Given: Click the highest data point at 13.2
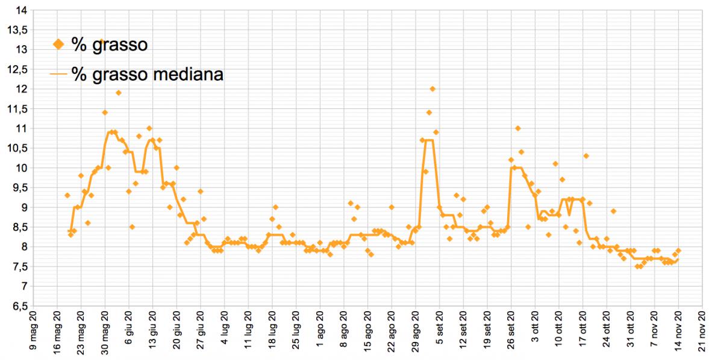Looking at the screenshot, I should coord(102,42).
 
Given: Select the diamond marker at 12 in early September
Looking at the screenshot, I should coord(433,89).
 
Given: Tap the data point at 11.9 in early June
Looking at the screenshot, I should coord(119,93).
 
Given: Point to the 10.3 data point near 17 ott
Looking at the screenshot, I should coord(586,156).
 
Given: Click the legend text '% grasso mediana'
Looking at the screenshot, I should coord(148,74).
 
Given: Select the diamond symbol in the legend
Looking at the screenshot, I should coord(58,44).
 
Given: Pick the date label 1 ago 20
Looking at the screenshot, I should coord(320,334).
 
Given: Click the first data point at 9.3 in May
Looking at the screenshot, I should coord(67,195).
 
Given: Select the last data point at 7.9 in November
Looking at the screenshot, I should coord(678,250).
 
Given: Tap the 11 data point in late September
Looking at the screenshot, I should coord(517,128).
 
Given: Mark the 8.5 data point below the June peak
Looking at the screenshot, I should coord(132,227).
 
